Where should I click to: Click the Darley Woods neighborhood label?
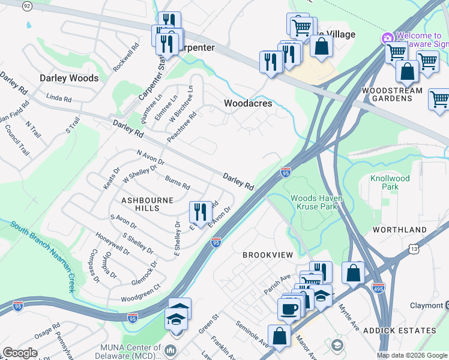click(x=68, y=78)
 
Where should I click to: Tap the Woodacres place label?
click(x=248, y=103)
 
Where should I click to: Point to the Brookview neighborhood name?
click(x=267, y=255)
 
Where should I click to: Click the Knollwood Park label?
click(x=390, y=182)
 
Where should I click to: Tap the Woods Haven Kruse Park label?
click(x=315, y=202)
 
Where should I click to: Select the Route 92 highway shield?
click(x=27, y=5)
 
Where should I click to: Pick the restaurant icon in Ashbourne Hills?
click(x=200, y=211)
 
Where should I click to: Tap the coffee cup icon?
click(x=289, y=309)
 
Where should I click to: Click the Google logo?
click(x=20, y=353)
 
